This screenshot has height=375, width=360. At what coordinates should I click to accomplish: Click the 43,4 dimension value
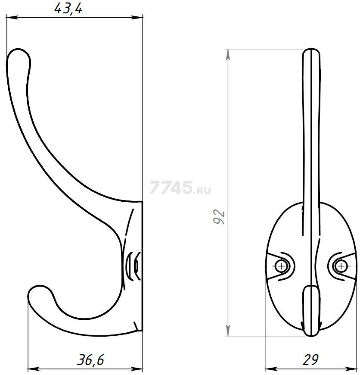[68, 9]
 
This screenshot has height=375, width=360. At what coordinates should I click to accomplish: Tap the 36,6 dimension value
[90, 359]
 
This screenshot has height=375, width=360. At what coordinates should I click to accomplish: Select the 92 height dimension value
[219, 217]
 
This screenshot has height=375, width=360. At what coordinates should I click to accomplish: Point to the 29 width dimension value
[310, 359]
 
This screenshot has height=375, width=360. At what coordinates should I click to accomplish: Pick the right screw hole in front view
[341, 266]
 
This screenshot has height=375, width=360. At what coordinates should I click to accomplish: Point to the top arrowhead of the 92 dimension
[228, 55]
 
